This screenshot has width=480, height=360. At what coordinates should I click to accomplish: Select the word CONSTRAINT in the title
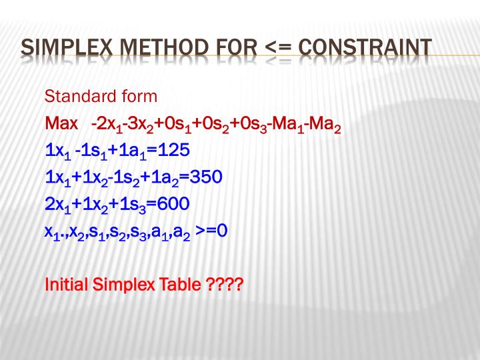pyautogui.click(x=365, y=47)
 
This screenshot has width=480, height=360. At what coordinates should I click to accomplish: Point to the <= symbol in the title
pyautogui.click(x=279, y=47)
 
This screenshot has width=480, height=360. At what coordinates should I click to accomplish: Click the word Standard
pyautogui.click(x=74, y=97)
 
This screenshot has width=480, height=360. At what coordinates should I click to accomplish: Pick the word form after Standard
pyautogui.click(x=135, y=97)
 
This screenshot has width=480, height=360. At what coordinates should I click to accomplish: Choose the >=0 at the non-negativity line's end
pyautogui.click(x=212, y=231)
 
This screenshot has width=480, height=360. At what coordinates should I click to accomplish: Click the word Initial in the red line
pyautogui.click(x=65, y=285)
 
